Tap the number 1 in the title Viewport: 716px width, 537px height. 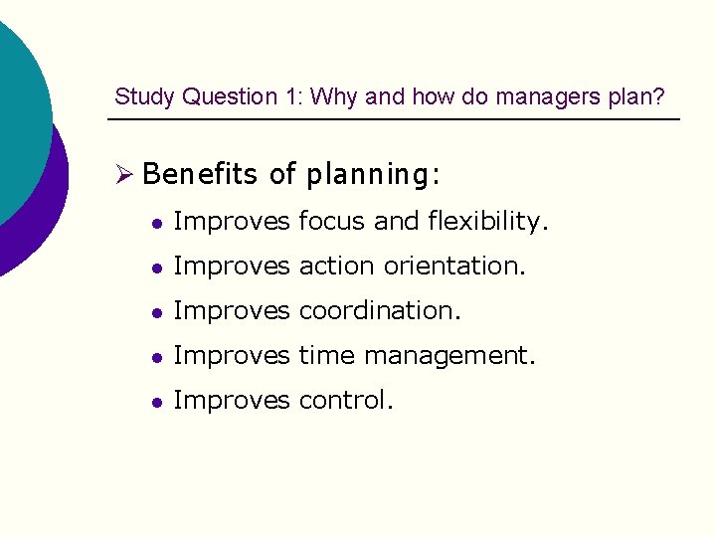click(294, 97)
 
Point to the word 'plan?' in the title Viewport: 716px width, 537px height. click(640, 97)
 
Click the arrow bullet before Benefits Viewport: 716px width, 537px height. click(123, 175)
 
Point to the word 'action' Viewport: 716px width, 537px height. click(334, 267)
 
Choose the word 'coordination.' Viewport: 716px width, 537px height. click(380, 311)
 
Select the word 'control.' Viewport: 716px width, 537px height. click(346, 401)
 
